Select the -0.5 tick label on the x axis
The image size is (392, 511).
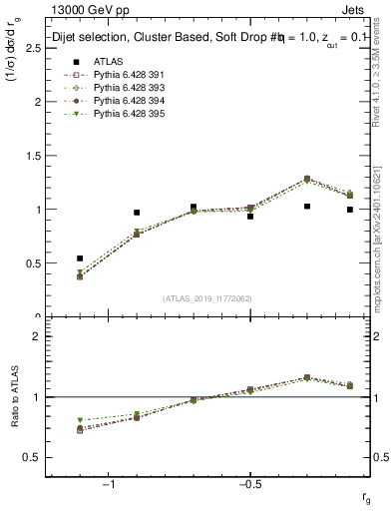(x=249, y=485)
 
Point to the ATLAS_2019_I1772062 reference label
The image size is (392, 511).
(x=207, y=298)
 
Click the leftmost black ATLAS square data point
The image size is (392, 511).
(x=80, y=258)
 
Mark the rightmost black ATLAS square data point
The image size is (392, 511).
(x=349, y=210)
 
